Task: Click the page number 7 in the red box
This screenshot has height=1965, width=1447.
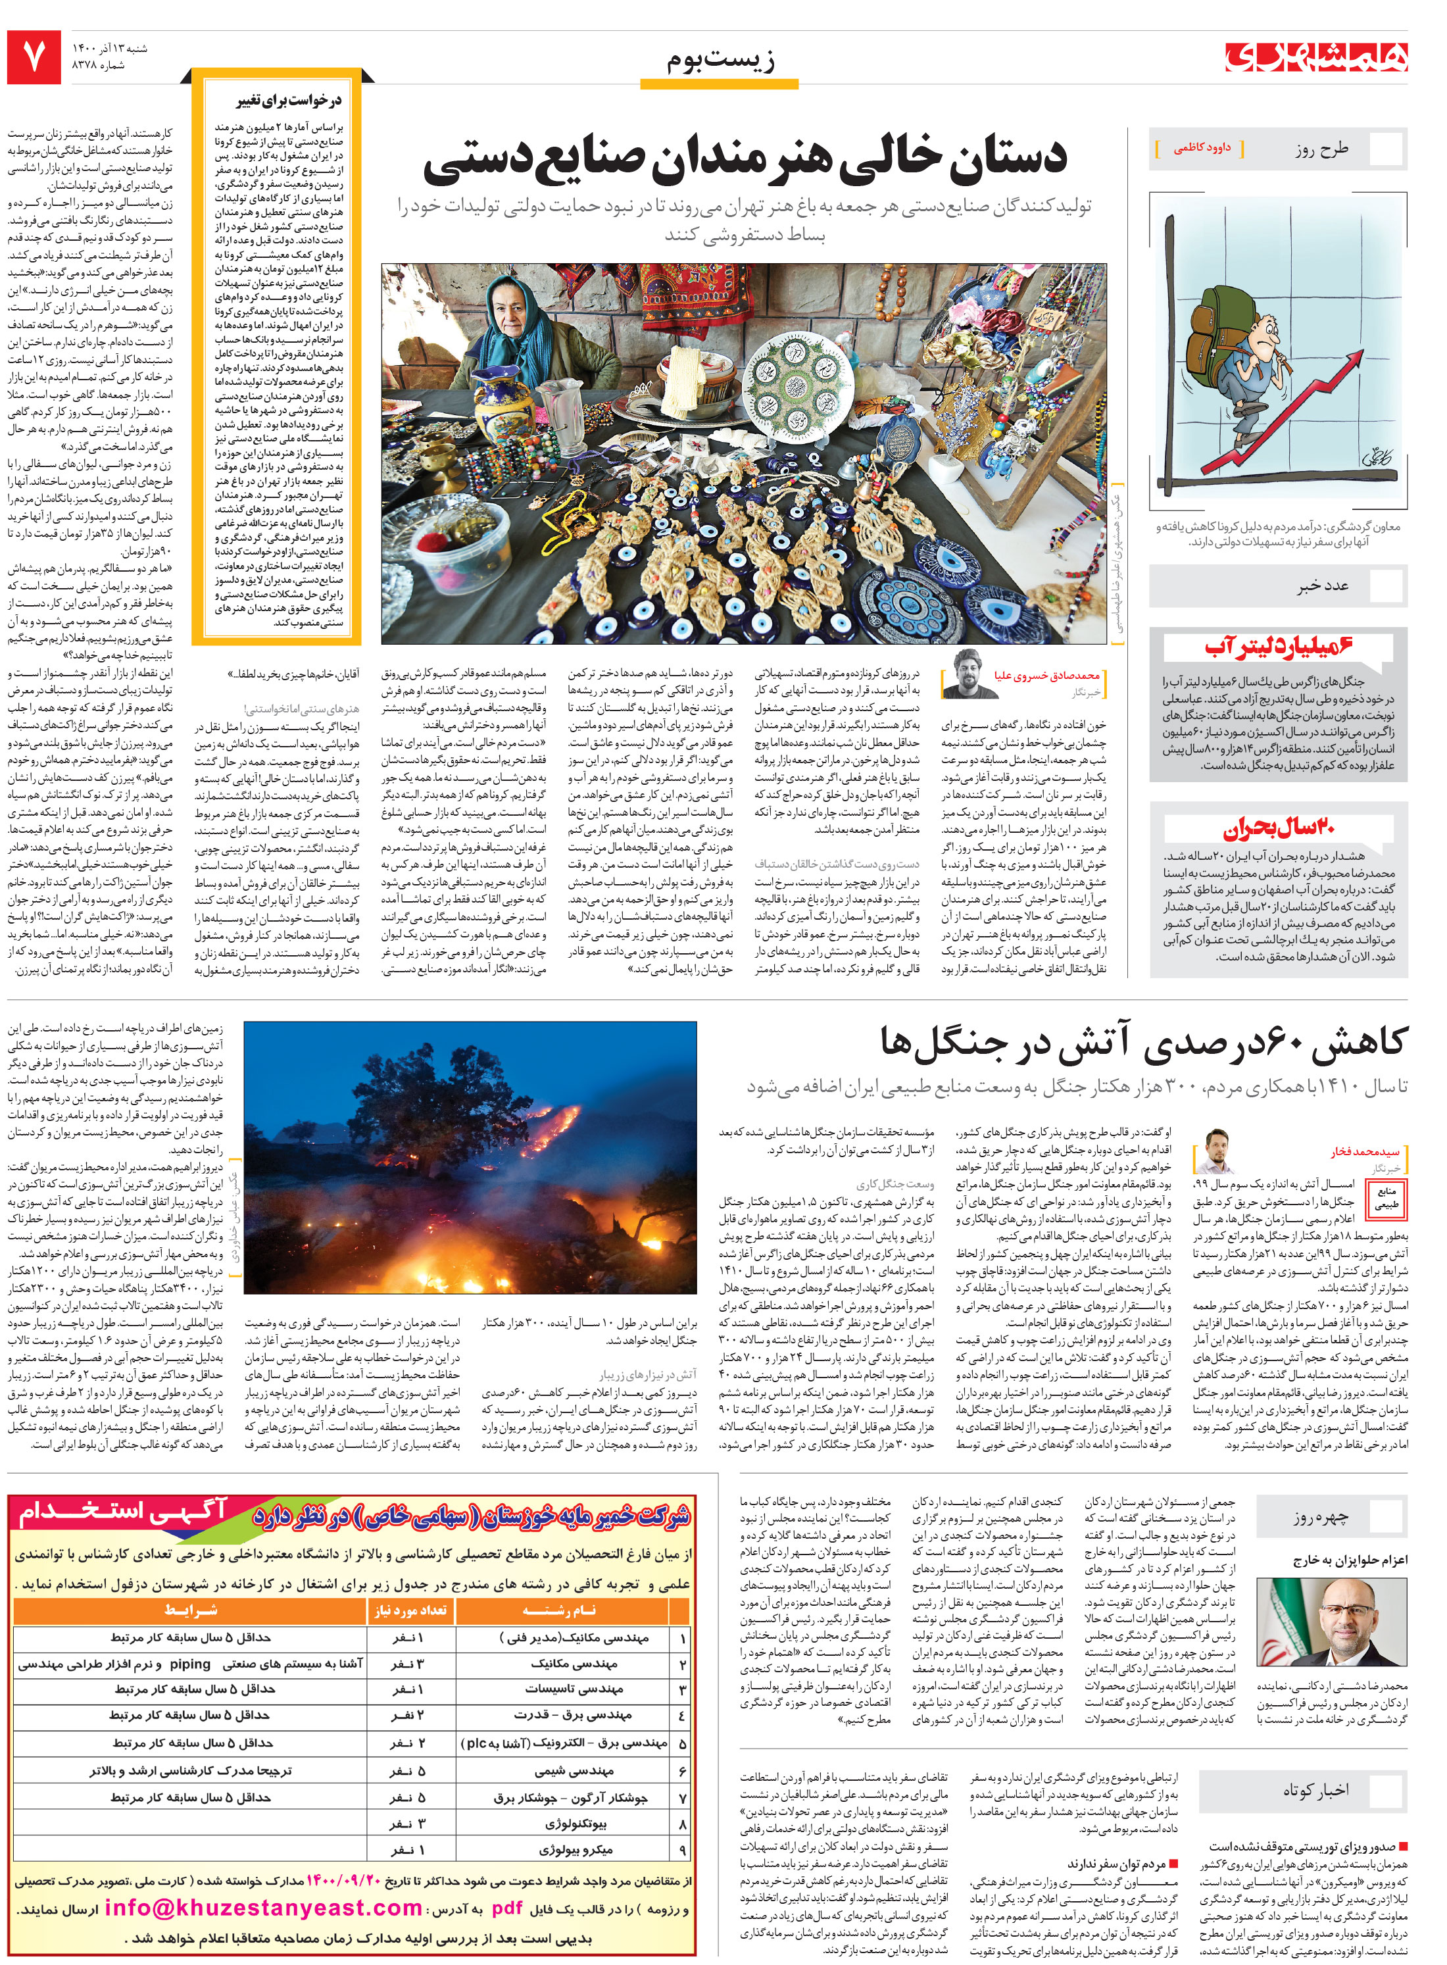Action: click(34, 58)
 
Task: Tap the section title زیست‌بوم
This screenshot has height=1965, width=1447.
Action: click(720, 61)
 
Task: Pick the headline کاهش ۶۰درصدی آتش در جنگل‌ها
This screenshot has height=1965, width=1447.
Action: click(1142, 1041)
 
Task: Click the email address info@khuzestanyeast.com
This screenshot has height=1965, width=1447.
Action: click(263, 1910)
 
